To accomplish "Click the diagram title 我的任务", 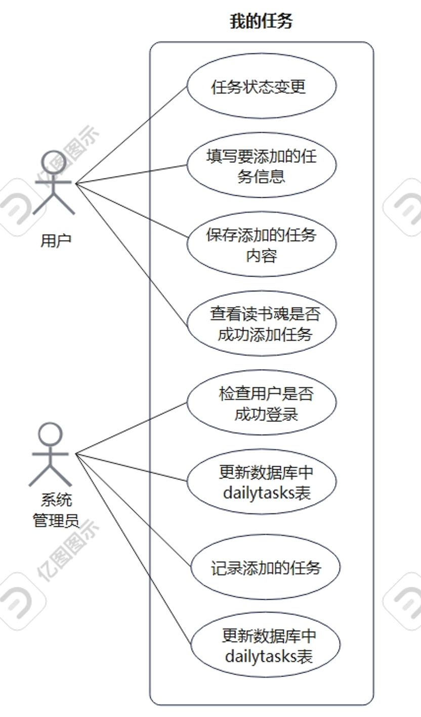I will pyautogui.click(x=261, y=22).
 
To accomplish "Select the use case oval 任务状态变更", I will pyautogui.click(x=261, y=86).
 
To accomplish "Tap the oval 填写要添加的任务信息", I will pyautogui.click(x=261, y=165).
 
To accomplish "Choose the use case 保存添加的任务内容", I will pyautogui.click(x=261, y=244).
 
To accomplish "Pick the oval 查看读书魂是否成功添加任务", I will pyautogui.click(x=261, y=324).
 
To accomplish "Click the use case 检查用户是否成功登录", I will pyautogui.click(x=261, y=403).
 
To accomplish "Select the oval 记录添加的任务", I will pyautogui.click(x=265, y=567).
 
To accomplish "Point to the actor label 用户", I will pyautogui.click(x=56, y=240).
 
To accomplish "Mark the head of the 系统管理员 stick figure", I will pyautogui.click(x=51, y=434).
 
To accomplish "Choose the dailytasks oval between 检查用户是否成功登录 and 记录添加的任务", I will pyautogui.click(x=261, y=482).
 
